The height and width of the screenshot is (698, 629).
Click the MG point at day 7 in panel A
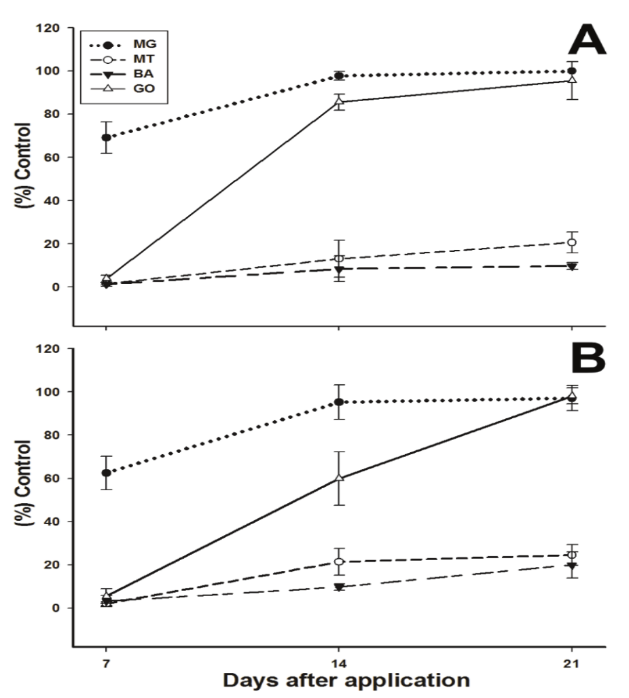(106, 137)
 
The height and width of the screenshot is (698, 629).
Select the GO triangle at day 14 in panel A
(339, 102)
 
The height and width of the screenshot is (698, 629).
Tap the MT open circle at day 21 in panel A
(572, 242)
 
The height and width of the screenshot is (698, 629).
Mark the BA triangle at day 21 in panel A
(572, 266)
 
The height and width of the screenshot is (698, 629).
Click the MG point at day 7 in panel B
(106, 473)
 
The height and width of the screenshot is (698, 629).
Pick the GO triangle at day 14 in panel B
(339, 477)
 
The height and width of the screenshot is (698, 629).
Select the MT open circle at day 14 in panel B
(339, 562)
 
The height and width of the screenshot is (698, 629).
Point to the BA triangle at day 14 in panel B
(339, 587)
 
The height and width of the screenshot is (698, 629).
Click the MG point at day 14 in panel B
(339, 402)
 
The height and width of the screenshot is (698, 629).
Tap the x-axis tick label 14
(339, 663)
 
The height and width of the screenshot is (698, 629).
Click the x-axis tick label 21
(572, 663)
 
